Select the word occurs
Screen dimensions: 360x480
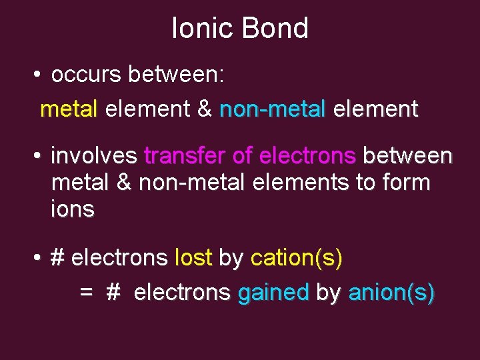[86, 75]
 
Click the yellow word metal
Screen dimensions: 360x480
[69, 109]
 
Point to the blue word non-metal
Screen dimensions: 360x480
[273, 109]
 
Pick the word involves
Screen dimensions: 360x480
[94, 156]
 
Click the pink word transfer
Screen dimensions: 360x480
[184, 156]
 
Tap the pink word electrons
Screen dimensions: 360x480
[307, 156]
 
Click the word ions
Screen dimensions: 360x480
[73, 209]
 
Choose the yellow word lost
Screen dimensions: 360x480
[193, 258]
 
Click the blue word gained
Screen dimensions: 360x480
[273, 292]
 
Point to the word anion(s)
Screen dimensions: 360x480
[392, 292]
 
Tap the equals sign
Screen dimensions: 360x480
[86, 292]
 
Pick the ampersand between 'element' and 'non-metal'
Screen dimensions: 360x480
[205, 109]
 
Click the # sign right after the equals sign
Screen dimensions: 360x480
[113, 292]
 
